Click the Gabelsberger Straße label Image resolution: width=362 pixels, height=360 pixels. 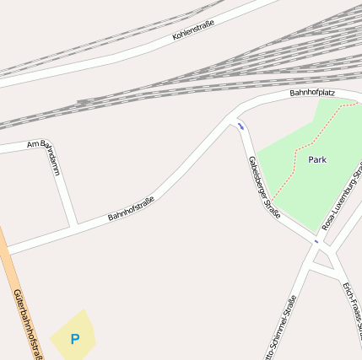pos(263,186)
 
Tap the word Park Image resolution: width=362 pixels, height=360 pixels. pos(317,159)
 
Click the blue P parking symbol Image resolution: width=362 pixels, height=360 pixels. pos(74,340)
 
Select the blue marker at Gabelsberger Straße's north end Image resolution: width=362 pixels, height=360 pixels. pos(240,126)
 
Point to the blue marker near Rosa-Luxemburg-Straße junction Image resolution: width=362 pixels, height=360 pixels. pos(316,241)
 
